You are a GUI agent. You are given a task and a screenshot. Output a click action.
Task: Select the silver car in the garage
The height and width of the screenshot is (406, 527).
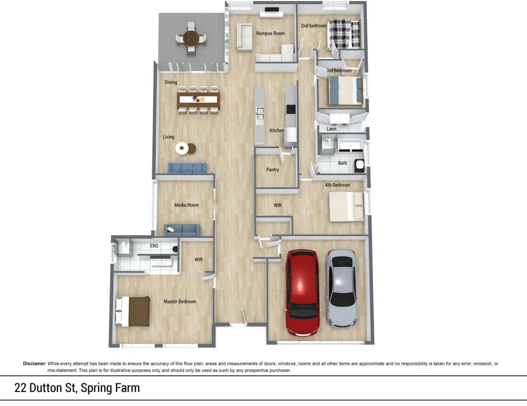click(x=341, y=288)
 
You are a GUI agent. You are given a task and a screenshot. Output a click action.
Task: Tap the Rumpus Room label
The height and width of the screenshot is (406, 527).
click(x=271, y=33)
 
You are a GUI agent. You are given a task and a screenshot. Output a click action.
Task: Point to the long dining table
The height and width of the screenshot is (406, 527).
click(x=199, y=99)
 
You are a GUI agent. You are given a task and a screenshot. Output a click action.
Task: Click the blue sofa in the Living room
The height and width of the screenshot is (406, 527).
click(x=187, y=168)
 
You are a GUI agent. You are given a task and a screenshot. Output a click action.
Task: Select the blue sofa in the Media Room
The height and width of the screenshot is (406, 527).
click(x=182, y=230)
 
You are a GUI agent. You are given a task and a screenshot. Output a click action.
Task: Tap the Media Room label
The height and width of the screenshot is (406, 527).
click(x=186, y=205)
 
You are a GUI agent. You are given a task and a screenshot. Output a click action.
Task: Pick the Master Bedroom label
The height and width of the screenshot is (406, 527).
click(x=180, y=302)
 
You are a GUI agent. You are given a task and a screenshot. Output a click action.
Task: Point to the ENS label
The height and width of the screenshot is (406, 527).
click(x=154, y=246)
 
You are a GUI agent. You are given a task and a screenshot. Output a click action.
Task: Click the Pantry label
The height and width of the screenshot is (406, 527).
click(x=272, y=170)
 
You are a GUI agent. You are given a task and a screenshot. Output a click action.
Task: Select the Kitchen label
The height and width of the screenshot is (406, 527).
click(x=276, y=130)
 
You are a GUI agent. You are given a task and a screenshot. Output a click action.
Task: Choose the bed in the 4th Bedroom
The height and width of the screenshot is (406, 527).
click(x=346, y=207)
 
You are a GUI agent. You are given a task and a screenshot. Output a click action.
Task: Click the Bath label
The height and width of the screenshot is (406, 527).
click(x=343, y=163)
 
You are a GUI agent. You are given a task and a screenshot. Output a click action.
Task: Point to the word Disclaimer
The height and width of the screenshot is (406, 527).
click(x=34, y=363)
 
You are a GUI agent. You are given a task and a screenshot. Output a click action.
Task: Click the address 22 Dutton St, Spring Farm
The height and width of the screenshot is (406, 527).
click(x=77, y=388)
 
